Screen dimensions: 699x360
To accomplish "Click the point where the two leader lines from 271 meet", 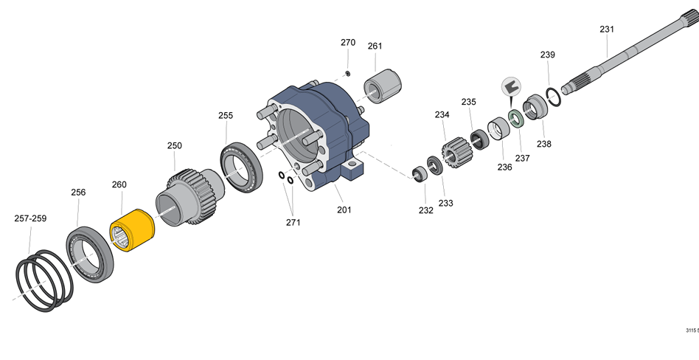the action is (293, 215).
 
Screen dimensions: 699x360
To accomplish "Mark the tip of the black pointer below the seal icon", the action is (512, 108).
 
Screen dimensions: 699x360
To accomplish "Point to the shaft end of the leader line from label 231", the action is (608, 58).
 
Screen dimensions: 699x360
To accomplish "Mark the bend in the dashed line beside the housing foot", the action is (364, 152).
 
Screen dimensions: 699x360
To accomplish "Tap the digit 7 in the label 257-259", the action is (26, 218).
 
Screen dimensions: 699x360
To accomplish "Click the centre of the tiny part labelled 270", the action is (348, 73).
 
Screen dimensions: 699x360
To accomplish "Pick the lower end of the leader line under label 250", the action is (175, 173).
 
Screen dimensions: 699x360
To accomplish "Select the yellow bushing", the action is (132, 230).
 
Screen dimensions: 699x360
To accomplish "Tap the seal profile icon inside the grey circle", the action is (511, 86).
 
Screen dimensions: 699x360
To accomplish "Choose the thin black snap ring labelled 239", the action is (554, 97).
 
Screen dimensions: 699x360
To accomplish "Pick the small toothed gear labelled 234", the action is (456, 153).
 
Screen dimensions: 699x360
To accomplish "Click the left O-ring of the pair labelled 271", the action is (282, 176).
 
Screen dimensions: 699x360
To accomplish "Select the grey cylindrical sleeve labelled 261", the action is (383, 86).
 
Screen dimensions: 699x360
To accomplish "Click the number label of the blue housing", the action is (344, 210).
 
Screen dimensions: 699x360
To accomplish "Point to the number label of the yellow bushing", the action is (119, 184).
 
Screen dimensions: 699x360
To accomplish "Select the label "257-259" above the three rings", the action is (30, 218).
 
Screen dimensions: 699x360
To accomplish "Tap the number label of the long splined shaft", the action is (607, 30).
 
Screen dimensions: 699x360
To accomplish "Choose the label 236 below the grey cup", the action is (504, 167).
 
